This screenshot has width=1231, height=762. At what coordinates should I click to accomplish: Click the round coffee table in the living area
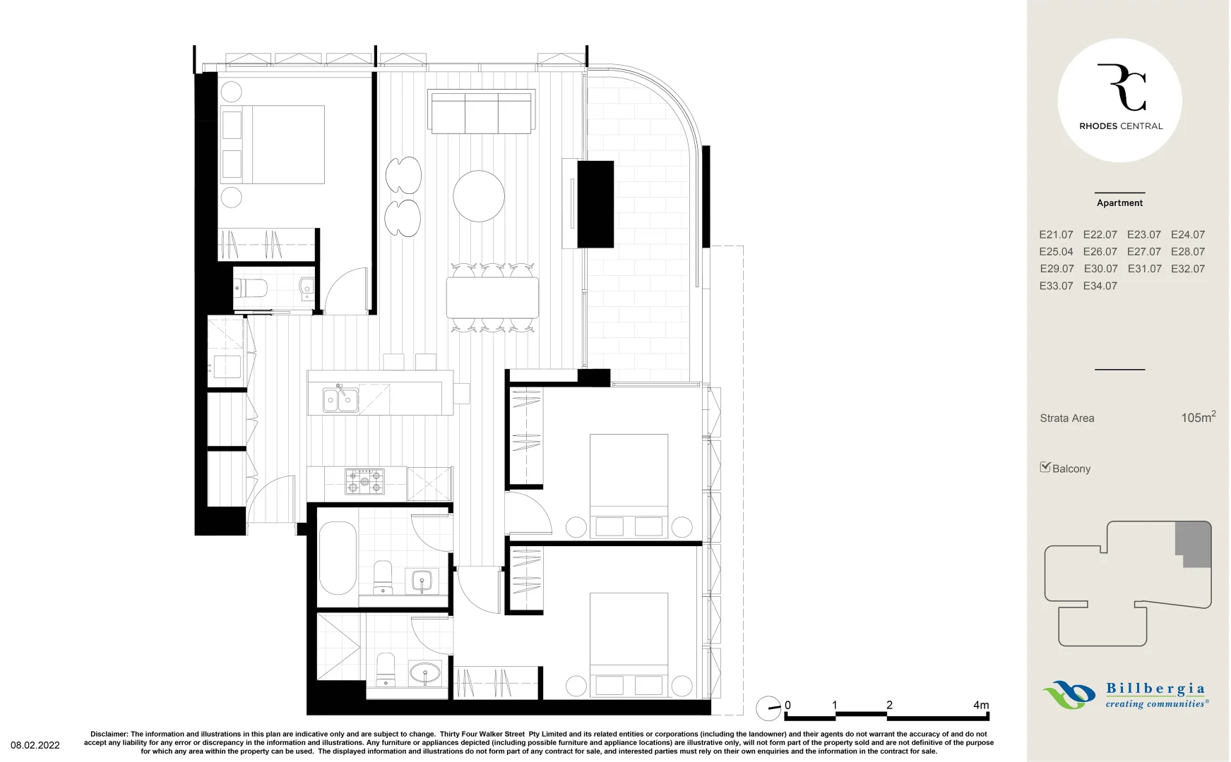click(x=479, y=195)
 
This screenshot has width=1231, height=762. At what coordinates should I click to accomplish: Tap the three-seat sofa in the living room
click(x=482, y=112)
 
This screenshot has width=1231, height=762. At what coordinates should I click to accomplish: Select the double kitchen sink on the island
click(x=340, y=400)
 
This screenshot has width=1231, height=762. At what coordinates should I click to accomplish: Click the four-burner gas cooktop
click(x=364, y=480)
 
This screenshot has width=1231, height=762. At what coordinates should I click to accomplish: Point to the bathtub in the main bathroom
click(x=338, y=558)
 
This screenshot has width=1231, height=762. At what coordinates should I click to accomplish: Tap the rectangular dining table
click(x=492, y=297)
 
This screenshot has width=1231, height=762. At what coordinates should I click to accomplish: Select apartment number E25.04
click(x=1056, y=252)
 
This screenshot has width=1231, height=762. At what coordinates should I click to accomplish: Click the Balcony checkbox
click(x=1045, y=467)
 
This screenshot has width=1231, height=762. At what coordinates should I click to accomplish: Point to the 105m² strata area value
click(x=1198, y=417)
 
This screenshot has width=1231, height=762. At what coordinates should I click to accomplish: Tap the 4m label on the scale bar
click(x=981, y=705)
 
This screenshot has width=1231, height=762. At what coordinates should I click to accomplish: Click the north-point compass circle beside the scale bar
click(x=768, y=708)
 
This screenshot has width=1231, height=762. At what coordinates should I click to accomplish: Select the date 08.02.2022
click(x=35, y=745)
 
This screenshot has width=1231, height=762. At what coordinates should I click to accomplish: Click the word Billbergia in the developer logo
click(x=1155, y=689)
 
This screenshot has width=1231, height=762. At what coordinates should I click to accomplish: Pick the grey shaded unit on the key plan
click(x=1194, y=543)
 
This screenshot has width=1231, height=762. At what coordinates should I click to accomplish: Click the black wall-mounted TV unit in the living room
click(x=595, y=205)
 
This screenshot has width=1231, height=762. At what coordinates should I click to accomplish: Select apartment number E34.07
click(x=1100, y=286)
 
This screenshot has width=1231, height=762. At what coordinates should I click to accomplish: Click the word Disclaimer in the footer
click(x=109, y=734)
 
